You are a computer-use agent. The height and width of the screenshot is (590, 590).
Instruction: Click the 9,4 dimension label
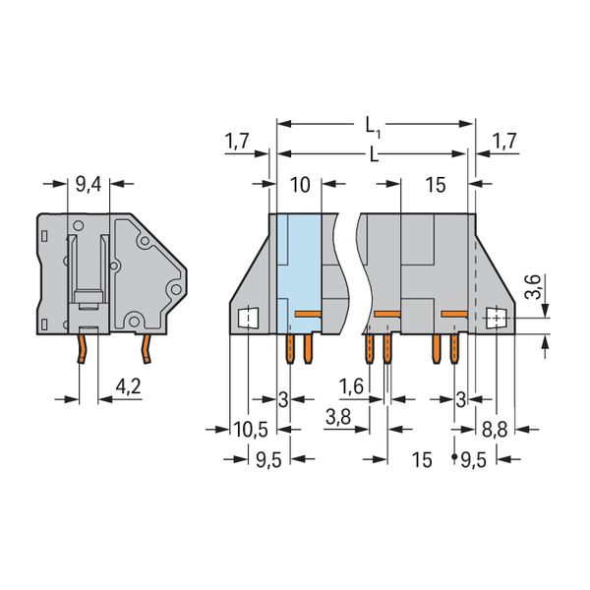click(x=88, y=185)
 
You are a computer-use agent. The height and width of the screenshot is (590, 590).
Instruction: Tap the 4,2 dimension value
click(x=128, y=386)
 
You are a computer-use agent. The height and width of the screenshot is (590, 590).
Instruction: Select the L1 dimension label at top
click(x=373, y=127)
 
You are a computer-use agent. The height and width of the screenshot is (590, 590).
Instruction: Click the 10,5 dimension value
click(x=251, y=430)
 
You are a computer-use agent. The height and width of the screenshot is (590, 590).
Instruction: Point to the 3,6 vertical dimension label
click(x=533, y=287)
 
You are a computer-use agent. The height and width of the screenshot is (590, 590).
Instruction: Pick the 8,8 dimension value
click(x=495, y=430)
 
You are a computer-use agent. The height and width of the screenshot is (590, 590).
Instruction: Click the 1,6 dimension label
click(x=351, y=386)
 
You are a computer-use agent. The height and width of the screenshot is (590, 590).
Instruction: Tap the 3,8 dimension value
click(x=338, y=417)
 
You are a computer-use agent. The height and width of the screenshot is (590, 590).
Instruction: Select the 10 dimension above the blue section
click(x=300, y=185)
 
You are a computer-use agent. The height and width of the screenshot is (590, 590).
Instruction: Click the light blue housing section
click(x=299, y=273)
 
